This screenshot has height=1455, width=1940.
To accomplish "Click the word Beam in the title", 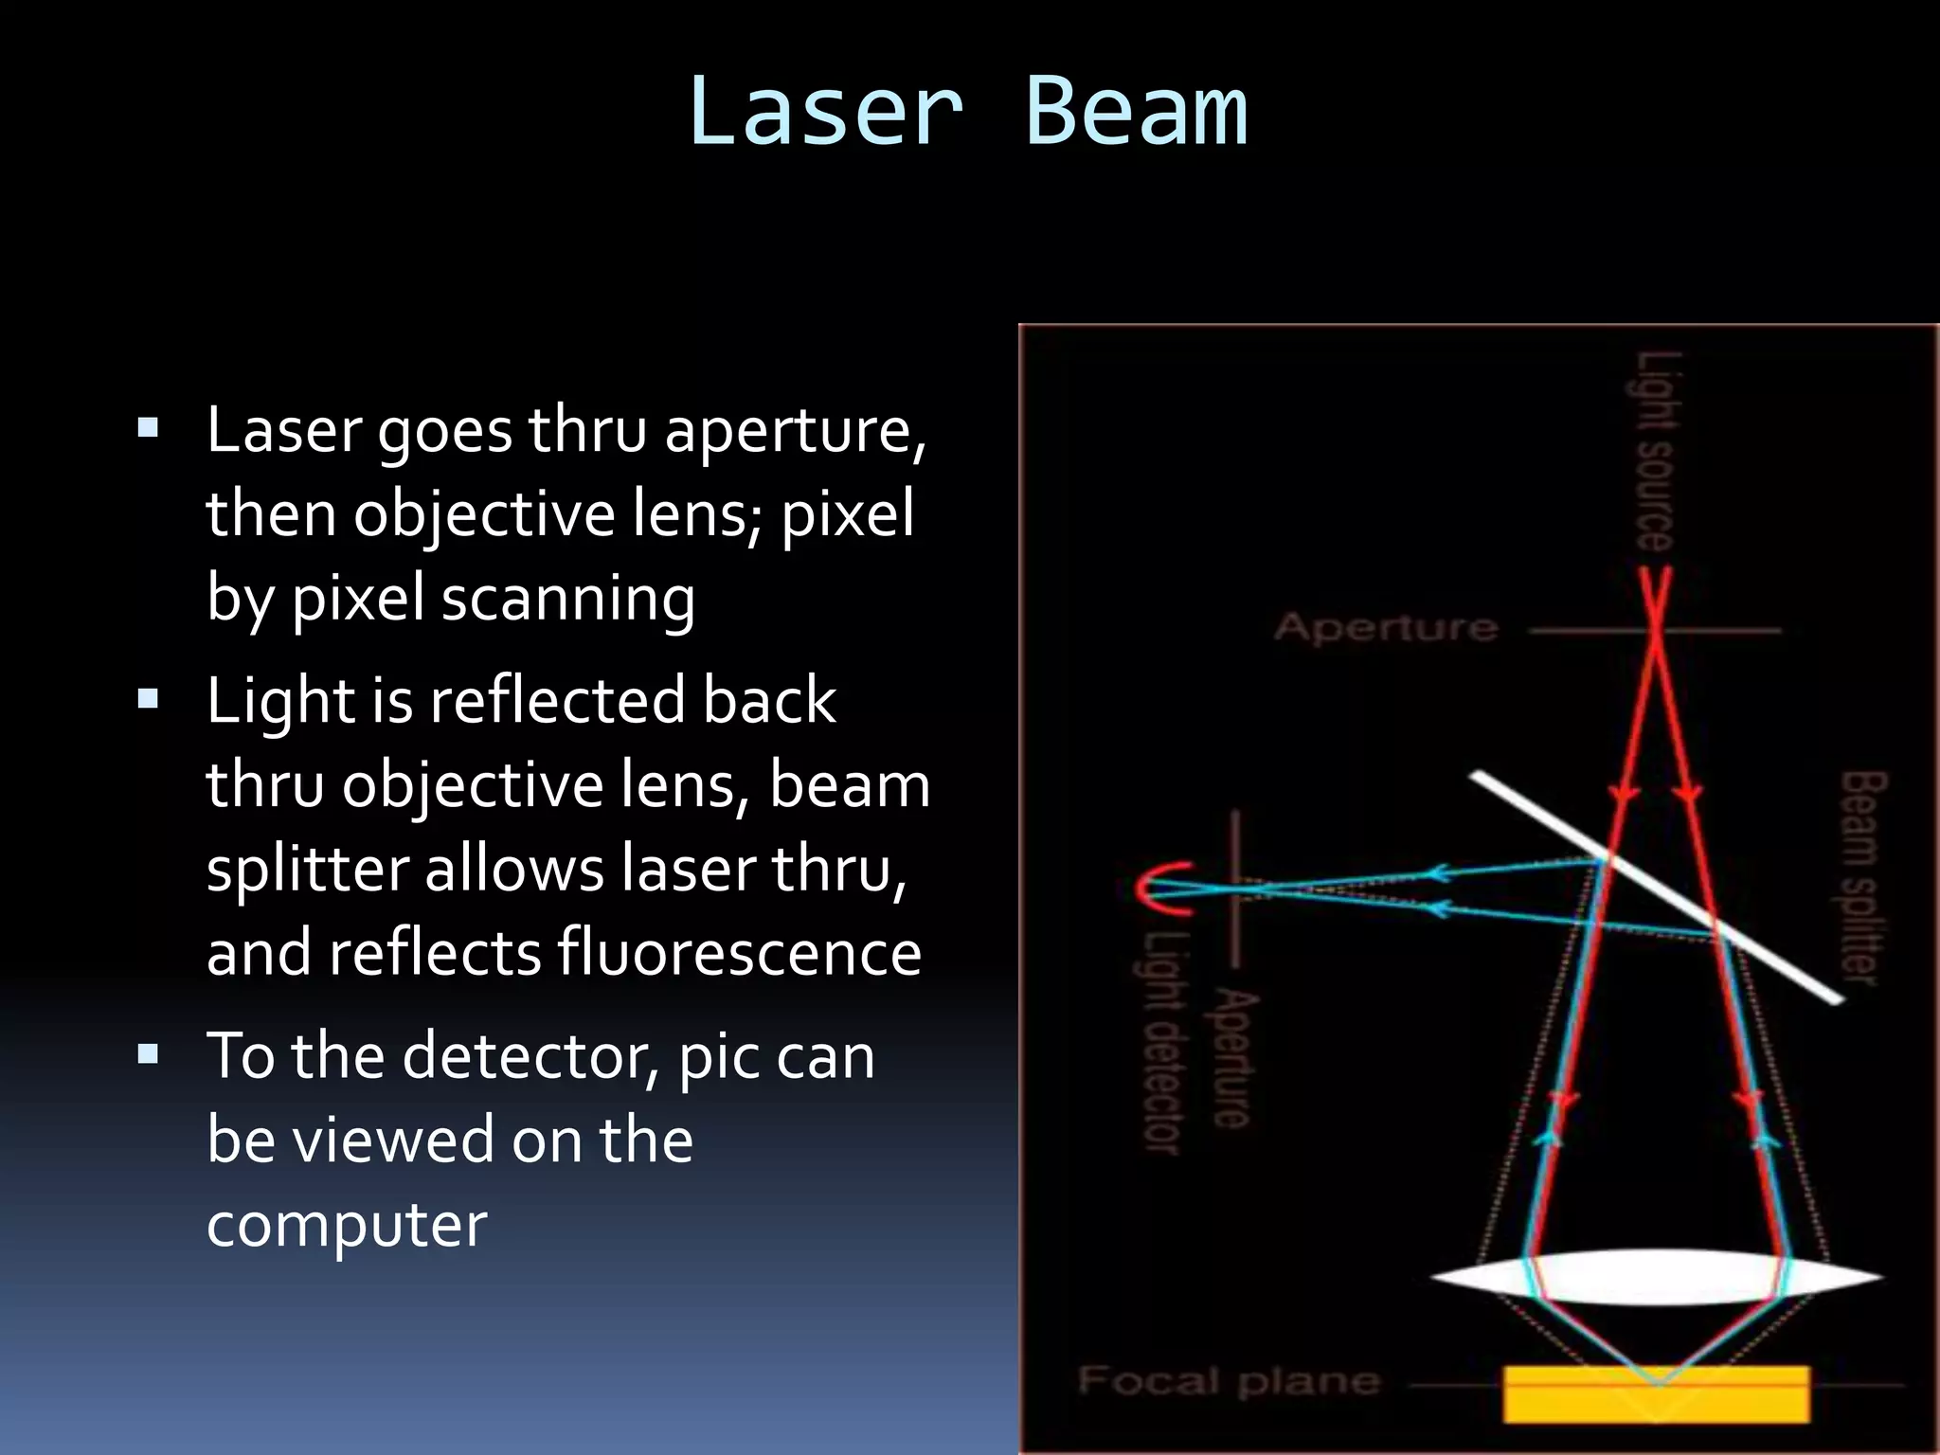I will [x=1137, y=112].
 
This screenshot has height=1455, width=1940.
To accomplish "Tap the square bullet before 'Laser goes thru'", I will [x=148, y=427].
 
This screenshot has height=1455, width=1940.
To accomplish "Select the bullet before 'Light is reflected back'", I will [x=148, y=699].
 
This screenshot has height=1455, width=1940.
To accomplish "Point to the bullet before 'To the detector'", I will [x=148, y=1053].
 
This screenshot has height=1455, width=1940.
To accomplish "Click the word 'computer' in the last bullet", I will [x=347, y=1224].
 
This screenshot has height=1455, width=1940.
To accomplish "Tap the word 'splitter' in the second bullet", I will [x=305, y=868].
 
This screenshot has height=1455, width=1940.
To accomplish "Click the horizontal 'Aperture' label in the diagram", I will [x=1386, y=627].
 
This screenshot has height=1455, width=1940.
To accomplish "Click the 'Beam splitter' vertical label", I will [x=1862, y=877].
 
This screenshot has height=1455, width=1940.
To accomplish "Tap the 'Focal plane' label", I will [x=1229, y=1381].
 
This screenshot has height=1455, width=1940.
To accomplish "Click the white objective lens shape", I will [x=1656, y=1277].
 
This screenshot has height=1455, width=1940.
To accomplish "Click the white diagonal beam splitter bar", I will [x=1656, y=887].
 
